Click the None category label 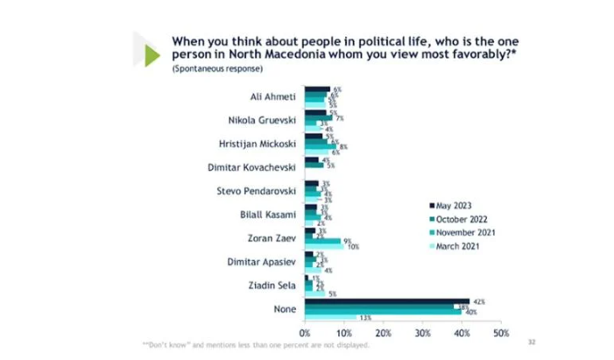(285, 308)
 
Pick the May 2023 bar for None (386, 300)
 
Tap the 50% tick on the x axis (501, 334)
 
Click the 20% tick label (383, 334)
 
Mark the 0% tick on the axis (305, 334)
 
